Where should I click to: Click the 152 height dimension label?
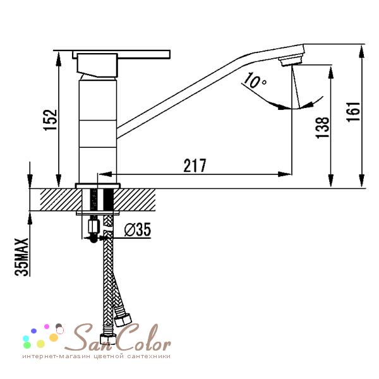[51, 120]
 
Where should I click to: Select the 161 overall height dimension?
[353, 112]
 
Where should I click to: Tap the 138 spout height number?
[323, 128]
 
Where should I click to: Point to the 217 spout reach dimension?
[195, 165]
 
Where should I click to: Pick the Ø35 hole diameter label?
[138, 229]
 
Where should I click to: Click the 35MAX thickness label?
[21, 257]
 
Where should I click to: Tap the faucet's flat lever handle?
[121, 54]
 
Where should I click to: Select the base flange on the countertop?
[98, 186]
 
